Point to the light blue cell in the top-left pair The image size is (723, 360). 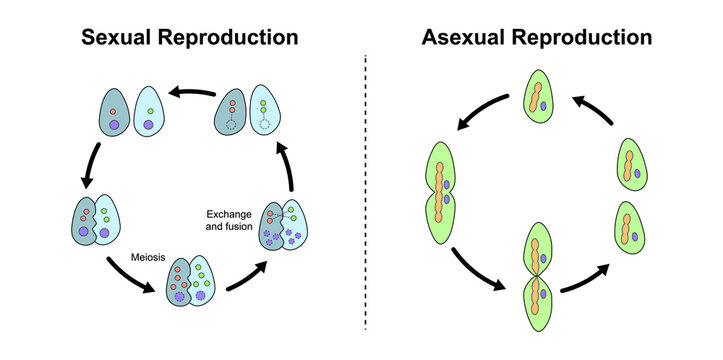(x=148, y=111)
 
